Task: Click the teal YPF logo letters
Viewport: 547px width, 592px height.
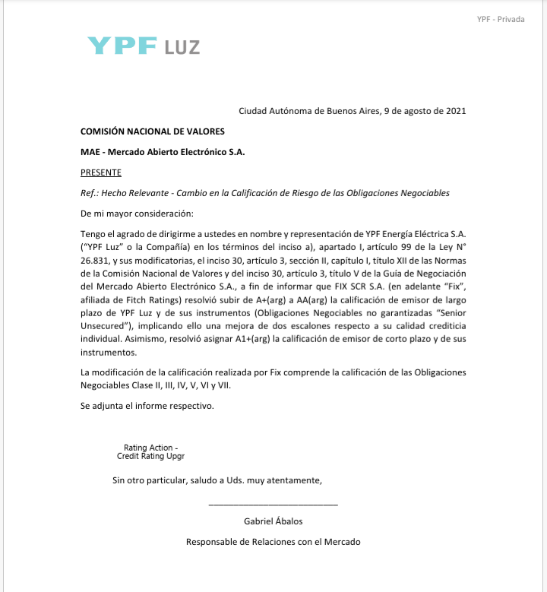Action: tap(122, 45)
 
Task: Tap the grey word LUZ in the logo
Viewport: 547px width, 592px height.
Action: tap(182, 47)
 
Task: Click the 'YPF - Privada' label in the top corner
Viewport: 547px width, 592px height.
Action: tap(501, 19)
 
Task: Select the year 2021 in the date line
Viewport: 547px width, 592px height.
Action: tap(454, 111)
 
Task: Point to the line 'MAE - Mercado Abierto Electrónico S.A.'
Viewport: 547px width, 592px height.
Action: tap(163, 152)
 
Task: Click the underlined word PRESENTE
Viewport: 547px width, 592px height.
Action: tap(101, 173)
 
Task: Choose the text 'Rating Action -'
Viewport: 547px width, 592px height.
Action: tap(151, 448)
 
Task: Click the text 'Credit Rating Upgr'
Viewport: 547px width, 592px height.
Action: tap(150, 457)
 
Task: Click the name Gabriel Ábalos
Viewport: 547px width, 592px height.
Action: tap(273, 521)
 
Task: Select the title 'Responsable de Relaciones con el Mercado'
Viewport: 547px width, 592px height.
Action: tap(273, 542)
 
